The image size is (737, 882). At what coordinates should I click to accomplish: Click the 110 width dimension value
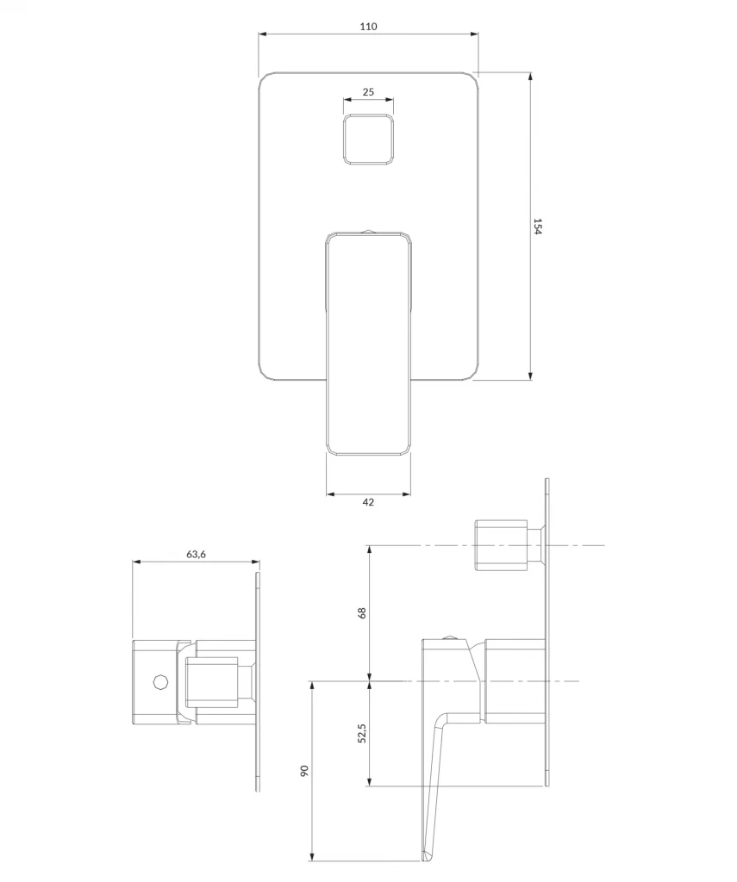pos(368,27)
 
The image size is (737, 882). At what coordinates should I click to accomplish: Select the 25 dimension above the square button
pos(368,91)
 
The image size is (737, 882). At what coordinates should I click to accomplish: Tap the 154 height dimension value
pos(538,227)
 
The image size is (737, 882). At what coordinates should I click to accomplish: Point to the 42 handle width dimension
pos(368,503)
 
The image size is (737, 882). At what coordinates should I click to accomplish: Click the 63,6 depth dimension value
pos(196,554)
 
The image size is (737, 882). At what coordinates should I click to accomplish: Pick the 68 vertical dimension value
pos(362,612)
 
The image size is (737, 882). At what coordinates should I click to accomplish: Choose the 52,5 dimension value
pos(362,733)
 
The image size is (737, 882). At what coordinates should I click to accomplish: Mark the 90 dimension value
pos(304,771)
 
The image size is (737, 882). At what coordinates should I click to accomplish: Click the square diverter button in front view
pos(368,140)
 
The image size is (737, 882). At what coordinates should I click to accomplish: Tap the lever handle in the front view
pos(368,345)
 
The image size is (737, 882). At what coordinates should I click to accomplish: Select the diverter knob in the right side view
pos(502,544)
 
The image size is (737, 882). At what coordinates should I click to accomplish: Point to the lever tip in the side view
pos(427,855)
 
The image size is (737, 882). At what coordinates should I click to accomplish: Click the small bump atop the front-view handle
pos(368,230)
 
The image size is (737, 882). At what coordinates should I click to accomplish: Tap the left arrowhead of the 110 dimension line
pos(262,34)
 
